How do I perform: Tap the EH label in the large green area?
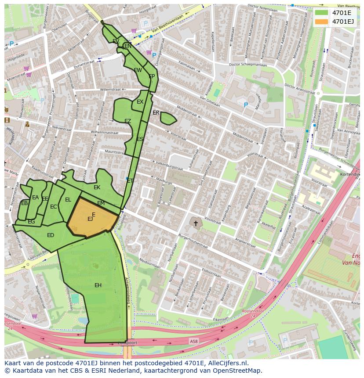[98, 285]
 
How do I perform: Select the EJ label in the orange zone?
[90, 219]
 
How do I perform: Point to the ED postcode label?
[51, 235]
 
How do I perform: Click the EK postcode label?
[97, 187]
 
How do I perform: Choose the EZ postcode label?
[127, 121]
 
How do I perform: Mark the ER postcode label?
[156, 113]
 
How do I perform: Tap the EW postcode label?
[138, 70]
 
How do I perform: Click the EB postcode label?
[25, 203]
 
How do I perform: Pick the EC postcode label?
[54, 207]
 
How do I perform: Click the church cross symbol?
[196, 223]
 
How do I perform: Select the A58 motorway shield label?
[194, 341]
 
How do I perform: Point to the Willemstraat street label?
[110, 89]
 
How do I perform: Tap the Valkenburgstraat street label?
[169, 166]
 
